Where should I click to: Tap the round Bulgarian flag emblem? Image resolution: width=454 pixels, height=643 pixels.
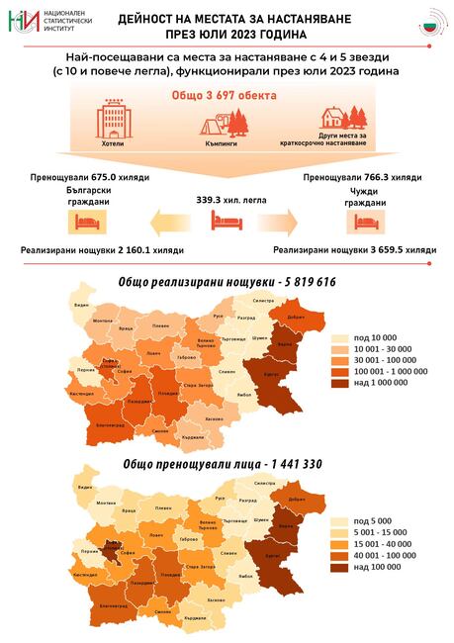pos(430,23)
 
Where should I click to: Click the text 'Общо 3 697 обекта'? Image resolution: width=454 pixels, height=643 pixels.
pos(227,95)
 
